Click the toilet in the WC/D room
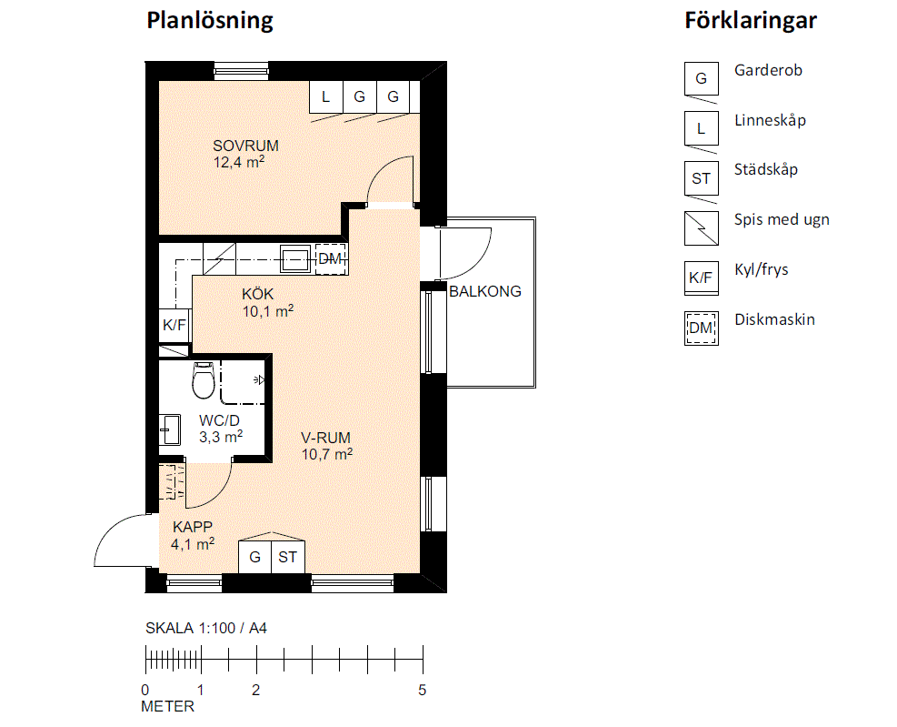[x=204, y=379]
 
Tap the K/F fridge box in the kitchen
[x=174, y=326]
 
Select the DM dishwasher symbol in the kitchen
[x=330, y=259]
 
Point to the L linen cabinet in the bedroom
[x=326, y=96]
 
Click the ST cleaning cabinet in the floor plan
[x=288, y=557]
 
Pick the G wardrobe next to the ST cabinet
[x=255, y=557]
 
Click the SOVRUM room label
[x=246, y=146]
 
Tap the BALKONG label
[x=485, y=291]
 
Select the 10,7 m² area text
[x=327, y=454]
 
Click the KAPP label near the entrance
[x=193, y=527]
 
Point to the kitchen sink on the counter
[x=295, y=259]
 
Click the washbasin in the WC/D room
[x=170, y=429]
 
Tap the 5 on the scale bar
[x=423, y=691]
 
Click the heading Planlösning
[x=210, y=21]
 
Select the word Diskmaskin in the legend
[x=774, y=319]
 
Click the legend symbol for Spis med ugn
[x=702, y=228]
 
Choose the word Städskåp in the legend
[x=766, y=169]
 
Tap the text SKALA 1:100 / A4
[x=206, y=629]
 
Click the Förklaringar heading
[x=751, y=21]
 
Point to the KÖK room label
[x=257, y=294]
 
